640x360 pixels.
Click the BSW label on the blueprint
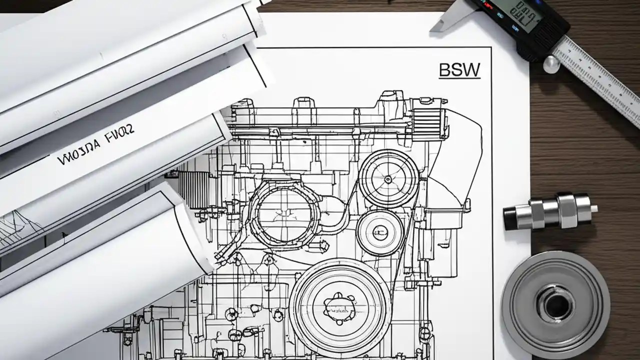point(459,70)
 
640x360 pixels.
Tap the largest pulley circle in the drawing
point(340,305)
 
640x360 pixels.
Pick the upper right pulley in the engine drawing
point(388,178)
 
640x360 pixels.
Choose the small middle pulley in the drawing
point(380,233)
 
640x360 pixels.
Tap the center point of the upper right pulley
point(388,178)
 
